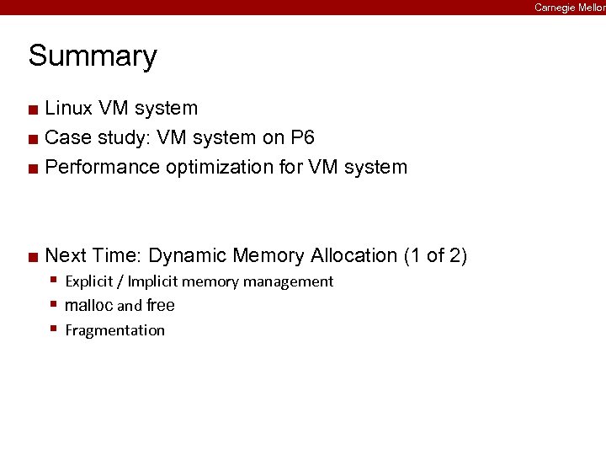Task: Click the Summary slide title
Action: (93, 56)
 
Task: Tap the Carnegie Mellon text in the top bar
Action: (570, 7)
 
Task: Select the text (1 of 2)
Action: (436, 255)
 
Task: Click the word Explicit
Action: (92, 281)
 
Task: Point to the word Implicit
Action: (152, 281)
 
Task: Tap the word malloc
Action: (88, 306)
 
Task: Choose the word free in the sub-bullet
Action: (161, 306)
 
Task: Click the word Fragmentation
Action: (114, 330)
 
